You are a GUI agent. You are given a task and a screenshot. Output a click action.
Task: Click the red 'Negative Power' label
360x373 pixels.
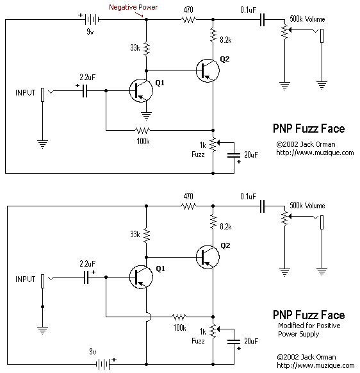(x=133, y=8)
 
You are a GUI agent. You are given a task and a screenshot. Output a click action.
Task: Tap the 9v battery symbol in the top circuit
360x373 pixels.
(x=92, y=19)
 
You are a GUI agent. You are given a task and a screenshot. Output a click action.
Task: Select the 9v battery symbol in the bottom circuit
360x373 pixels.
(x=102, y=364)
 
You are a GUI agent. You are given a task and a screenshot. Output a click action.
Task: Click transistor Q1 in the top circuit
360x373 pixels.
(x=141, y=90)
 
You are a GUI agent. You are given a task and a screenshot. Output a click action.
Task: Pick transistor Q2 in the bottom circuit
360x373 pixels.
(x=208, y=257)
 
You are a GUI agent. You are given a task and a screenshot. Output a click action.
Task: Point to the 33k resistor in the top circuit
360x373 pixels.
(x=147, y=49)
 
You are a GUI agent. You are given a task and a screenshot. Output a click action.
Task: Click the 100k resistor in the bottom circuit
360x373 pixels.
(x=179, y=317)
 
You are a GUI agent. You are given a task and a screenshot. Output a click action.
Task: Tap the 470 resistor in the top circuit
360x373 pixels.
(x=188, y=19)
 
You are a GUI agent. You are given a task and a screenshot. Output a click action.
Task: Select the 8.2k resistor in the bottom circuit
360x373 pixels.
(x=213, y=222)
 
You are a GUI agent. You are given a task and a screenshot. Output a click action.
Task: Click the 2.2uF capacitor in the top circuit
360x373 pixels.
(x=85, y=90)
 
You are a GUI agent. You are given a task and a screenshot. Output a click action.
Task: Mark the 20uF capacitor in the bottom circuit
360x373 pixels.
(x=234, y=342)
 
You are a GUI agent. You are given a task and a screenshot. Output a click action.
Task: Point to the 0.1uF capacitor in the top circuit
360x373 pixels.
(x=262, y=19)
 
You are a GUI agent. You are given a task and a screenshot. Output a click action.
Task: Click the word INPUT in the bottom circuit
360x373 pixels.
(x=25, y=279)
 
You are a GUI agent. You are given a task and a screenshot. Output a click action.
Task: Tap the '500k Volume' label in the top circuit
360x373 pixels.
(x=307, y=19)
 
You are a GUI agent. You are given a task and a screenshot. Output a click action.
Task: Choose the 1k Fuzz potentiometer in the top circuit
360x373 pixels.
(x=213, y=144)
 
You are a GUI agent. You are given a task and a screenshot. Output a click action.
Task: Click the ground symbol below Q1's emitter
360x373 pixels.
(x=147, y=116)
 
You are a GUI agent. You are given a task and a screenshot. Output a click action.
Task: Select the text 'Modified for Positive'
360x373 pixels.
(x=309, y=326)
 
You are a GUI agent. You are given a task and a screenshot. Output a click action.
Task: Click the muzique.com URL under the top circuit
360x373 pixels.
(x=315, y=153)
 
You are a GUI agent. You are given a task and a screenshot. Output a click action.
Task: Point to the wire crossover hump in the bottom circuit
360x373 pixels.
(x=149, y=317)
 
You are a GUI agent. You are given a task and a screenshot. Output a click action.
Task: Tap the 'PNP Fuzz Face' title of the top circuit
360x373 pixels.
(x=309, y=128)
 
